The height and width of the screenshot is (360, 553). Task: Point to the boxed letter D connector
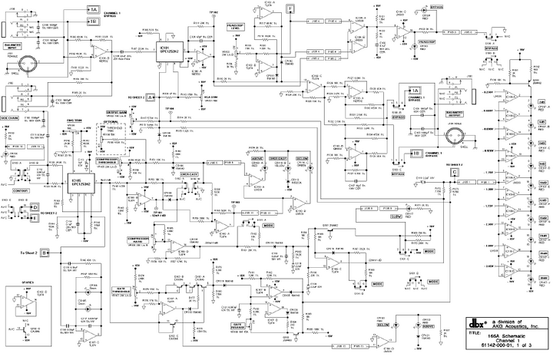click(x=34, y=206)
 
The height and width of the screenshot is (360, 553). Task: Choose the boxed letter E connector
click(x=34, y=216)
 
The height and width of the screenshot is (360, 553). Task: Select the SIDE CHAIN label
click(x=13, y=118)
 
